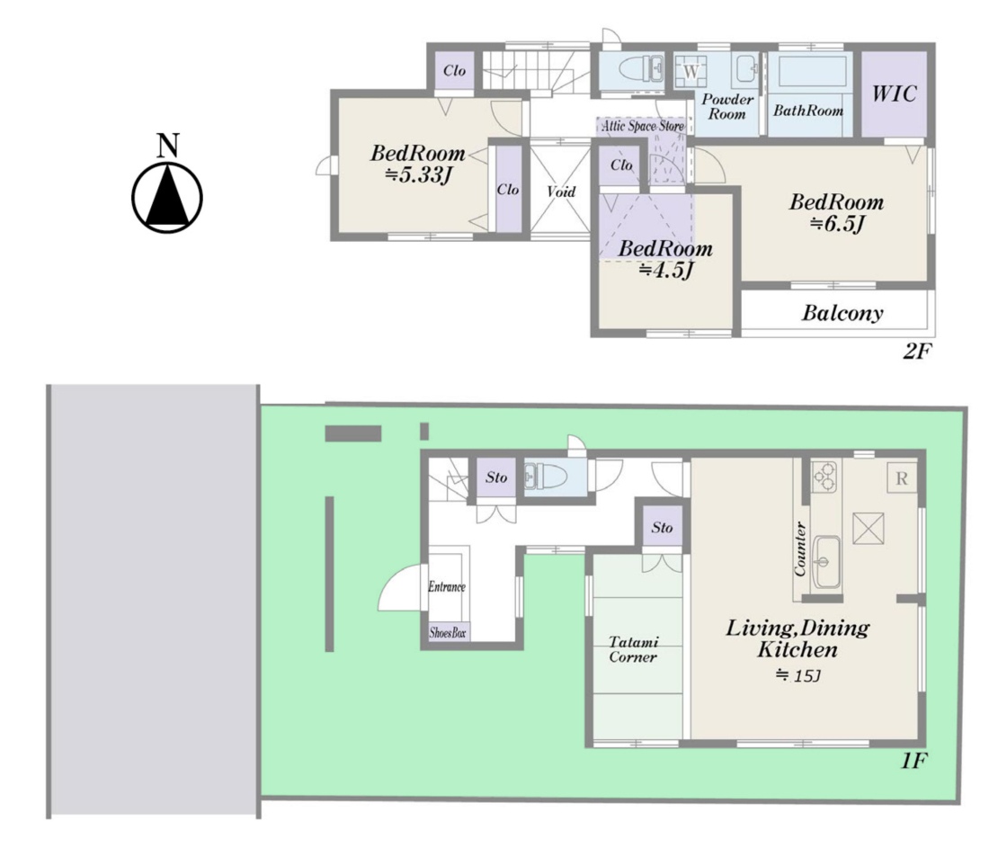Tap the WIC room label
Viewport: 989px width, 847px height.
[894, 94]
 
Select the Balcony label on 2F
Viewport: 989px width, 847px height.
[842, 313]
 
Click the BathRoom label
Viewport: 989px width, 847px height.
[808, 111]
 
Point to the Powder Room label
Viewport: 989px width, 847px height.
[726, 107]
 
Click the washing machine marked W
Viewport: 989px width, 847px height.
[691, 71]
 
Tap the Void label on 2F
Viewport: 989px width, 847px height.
[561, 192]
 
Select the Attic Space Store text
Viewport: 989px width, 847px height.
[642, 126]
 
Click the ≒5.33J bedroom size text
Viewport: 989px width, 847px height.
[419, 174]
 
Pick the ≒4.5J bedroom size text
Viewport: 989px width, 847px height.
[666, 270]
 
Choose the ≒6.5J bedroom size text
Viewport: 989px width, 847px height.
[837, 223]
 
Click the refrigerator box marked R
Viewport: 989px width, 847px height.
[901, 478]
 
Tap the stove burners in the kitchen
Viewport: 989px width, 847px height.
[824, 477]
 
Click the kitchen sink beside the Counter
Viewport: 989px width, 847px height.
[825, 561]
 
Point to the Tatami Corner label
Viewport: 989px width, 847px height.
[633, 649]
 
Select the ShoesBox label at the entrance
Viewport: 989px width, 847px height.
[447, 633]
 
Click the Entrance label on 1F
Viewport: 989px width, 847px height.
[447, 586]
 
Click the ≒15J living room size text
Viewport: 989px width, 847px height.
[797, 675]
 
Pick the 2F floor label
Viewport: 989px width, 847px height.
[916, 351]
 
